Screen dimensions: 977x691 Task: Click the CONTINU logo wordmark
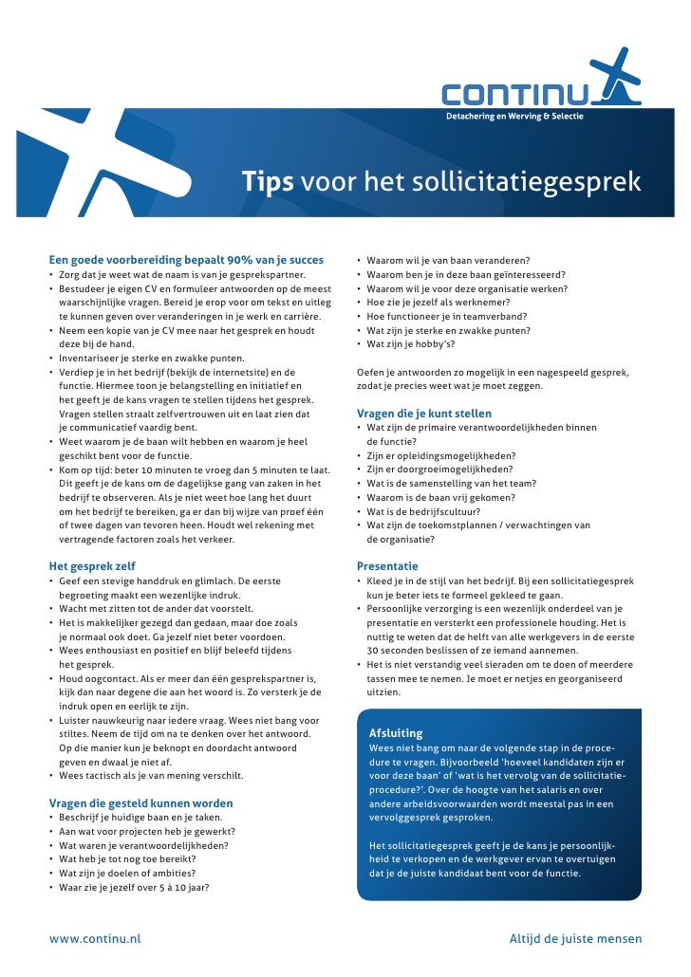pos(514,95)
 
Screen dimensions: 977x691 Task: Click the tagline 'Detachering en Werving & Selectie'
pos(514,116)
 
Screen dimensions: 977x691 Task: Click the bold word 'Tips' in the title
pos(267,181)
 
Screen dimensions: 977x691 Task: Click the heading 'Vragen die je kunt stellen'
pos(423,414)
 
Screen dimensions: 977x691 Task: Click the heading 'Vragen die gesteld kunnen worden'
pos(140,802)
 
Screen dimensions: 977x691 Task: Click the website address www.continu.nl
pos(95,939)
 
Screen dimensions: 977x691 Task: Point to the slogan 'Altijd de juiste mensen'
pos(575,939)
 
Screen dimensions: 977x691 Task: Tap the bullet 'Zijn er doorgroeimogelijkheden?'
pos(439,470)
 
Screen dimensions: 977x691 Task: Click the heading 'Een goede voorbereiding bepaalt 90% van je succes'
pos(185,260)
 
